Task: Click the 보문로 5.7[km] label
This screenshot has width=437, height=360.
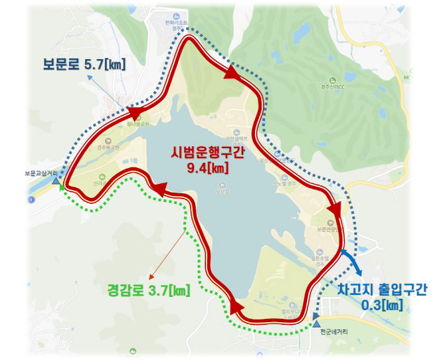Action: [84, 64]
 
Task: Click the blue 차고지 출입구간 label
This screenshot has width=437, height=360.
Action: [382, 290]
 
